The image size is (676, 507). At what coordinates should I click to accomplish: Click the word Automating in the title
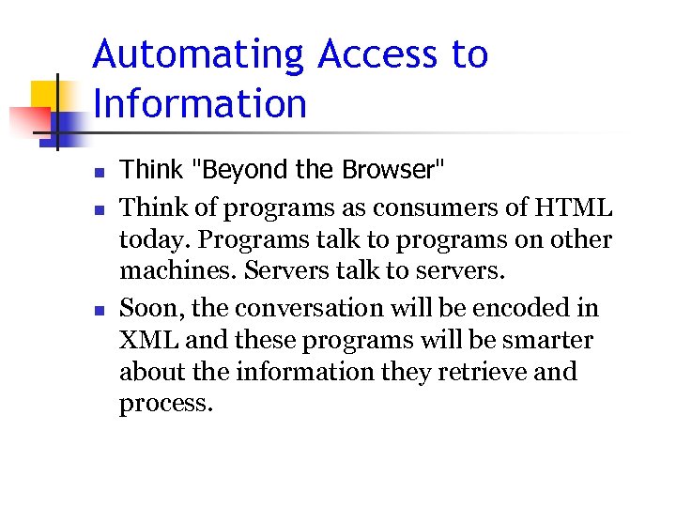click(x=199, y=55)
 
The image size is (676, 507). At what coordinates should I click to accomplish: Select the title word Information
click(x=200, y=103)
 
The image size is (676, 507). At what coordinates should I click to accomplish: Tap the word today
click(x=148, y=239)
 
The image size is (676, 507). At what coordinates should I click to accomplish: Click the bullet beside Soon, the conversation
click(x=98, y=310)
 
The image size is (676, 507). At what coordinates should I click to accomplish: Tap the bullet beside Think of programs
click(x=98, y=208)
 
